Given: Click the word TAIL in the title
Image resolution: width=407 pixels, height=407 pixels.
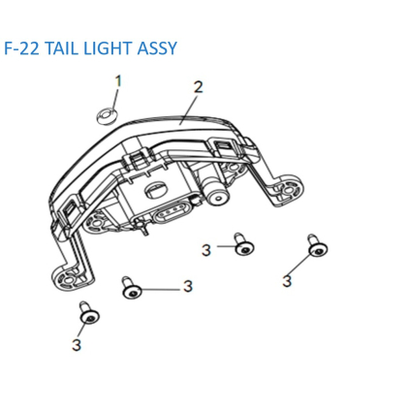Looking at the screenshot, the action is click(x=61, y=48).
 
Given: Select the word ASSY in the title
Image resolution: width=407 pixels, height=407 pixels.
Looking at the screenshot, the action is click(x=157, y=48).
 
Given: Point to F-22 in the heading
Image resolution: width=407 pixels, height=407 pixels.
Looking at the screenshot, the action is click(x=21, y=48).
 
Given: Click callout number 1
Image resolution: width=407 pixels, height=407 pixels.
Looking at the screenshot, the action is click(x=118, y=81).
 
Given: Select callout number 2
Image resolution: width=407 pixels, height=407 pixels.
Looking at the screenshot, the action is click(x=198, y=87).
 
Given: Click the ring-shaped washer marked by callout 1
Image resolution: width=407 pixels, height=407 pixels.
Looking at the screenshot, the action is click(x=108, y=116).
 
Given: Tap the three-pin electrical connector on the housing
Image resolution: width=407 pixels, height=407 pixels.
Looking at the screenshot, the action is click(x=171, y=212).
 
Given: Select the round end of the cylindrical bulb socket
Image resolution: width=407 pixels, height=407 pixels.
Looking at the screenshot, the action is click(x=218, y=198).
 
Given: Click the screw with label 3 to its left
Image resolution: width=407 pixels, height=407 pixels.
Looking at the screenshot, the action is click(x=244, y=244).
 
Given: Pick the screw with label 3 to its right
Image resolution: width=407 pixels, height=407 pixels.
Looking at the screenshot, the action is click(x=132, y=289).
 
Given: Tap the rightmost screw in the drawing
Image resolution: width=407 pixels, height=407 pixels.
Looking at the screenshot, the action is click(x=317, y=246).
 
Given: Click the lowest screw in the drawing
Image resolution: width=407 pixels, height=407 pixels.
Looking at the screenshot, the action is click(x=89, y=313).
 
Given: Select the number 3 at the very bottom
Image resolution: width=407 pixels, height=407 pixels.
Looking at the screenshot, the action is click(x=77, y=345).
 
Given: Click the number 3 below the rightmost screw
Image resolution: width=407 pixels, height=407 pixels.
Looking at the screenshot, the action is click(x=287, y=281).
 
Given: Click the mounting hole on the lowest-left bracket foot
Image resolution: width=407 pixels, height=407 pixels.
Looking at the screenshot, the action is click(x=69, y=278).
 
